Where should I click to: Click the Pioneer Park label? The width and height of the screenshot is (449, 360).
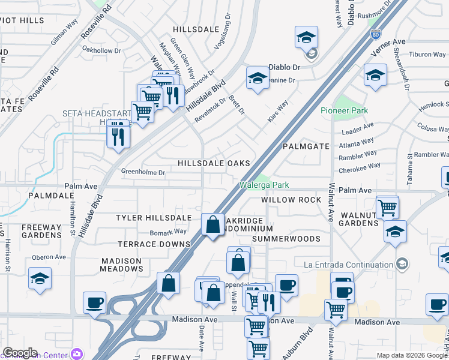pos(344,110)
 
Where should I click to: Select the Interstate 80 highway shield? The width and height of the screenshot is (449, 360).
pos(376,35)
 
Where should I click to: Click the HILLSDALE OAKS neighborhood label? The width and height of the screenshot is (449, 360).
pos(213,163)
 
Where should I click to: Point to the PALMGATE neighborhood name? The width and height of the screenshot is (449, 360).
pos(310,146)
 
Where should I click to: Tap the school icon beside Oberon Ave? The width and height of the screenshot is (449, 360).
pos(40,278)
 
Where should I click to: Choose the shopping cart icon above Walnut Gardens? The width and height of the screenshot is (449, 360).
pos(388,207)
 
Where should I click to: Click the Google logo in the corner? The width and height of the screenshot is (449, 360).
pos(20,353)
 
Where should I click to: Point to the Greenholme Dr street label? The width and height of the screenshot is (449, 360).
pos(143,172)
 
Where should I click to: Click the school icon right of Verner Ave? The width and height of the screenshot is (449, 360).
pos(375,75)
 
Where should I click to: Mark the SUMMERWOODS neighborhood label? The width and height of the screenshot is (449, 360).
pos(286,239)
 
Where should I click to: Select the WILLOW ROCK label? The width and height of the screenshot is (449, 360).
pos(287,200)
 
